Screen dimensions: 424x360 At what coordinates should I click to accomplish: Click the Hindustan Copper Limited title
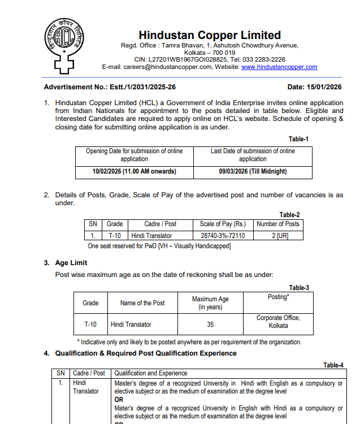pyautogui.click(x=210, y=35)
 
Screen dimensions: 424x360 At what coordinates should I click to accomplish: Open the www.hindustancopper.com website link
pyautogui.click(x=279, y=67)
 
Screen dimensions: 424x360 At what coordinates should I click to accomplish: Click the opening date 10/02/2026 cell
pyautogui.click(x=134, y=171)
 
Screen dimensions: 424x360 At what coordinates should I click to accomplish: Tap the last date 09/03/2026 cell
pyautogui.click(x=253, y=171)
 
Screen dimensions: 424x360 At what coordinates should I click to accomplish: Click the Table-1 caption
pyautogui.click(x=298, y=139)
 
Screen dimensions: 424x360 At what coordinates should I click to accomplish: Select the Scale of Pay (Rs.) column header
pyautogui.click(x=223, y=224)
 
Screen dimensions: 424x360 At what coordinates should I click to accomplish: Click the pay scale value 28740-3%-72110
pyautogui.click(x=223, y=235)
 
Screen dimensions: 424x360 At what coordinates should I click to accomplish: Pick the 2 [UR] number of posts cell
pyautogui.click(x=277, y=235)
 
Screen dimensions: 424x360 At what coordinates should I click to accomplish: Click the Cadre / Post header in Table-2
pyautogui.click(x=161, y=224)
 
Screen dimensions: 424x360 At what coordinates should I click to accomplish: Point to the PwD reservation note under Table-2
pyautogui.click(x=159, y=246)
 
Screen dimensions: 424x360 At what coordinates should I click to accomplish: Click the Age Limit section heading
pyautogui.click(x=71, y=263)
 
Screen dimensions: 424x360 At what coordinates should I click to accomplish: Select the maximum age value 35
pyautogui.click(x=210, y=325)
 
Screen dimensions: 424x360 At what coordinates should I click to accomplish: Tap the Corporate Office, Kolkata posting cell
pyautogui.click(x=278, y=322)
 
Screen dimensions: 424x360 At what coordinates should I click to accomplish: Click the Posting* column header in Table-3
pyautogui.click(x=278, y=297)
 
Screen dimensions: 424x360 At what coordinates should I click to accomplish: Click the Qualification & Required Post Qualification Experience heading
pyautogui.click(x=146, y=353)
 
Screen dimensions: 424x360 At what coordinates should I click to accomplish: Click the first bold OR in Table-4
pyautogui.click(x=119, y=399)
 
